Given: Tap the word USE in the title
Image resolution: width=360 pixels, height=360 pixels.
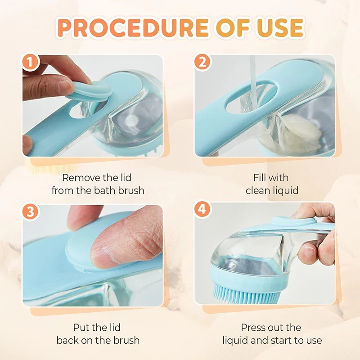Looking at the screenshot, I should [277, 27].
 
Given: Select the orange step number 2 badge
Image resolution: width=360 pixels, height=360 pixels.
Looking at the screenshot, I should [202, 63].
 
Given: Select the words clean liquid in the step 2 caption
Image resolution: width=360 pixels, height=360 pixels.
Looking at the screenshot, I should [272, 190].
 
